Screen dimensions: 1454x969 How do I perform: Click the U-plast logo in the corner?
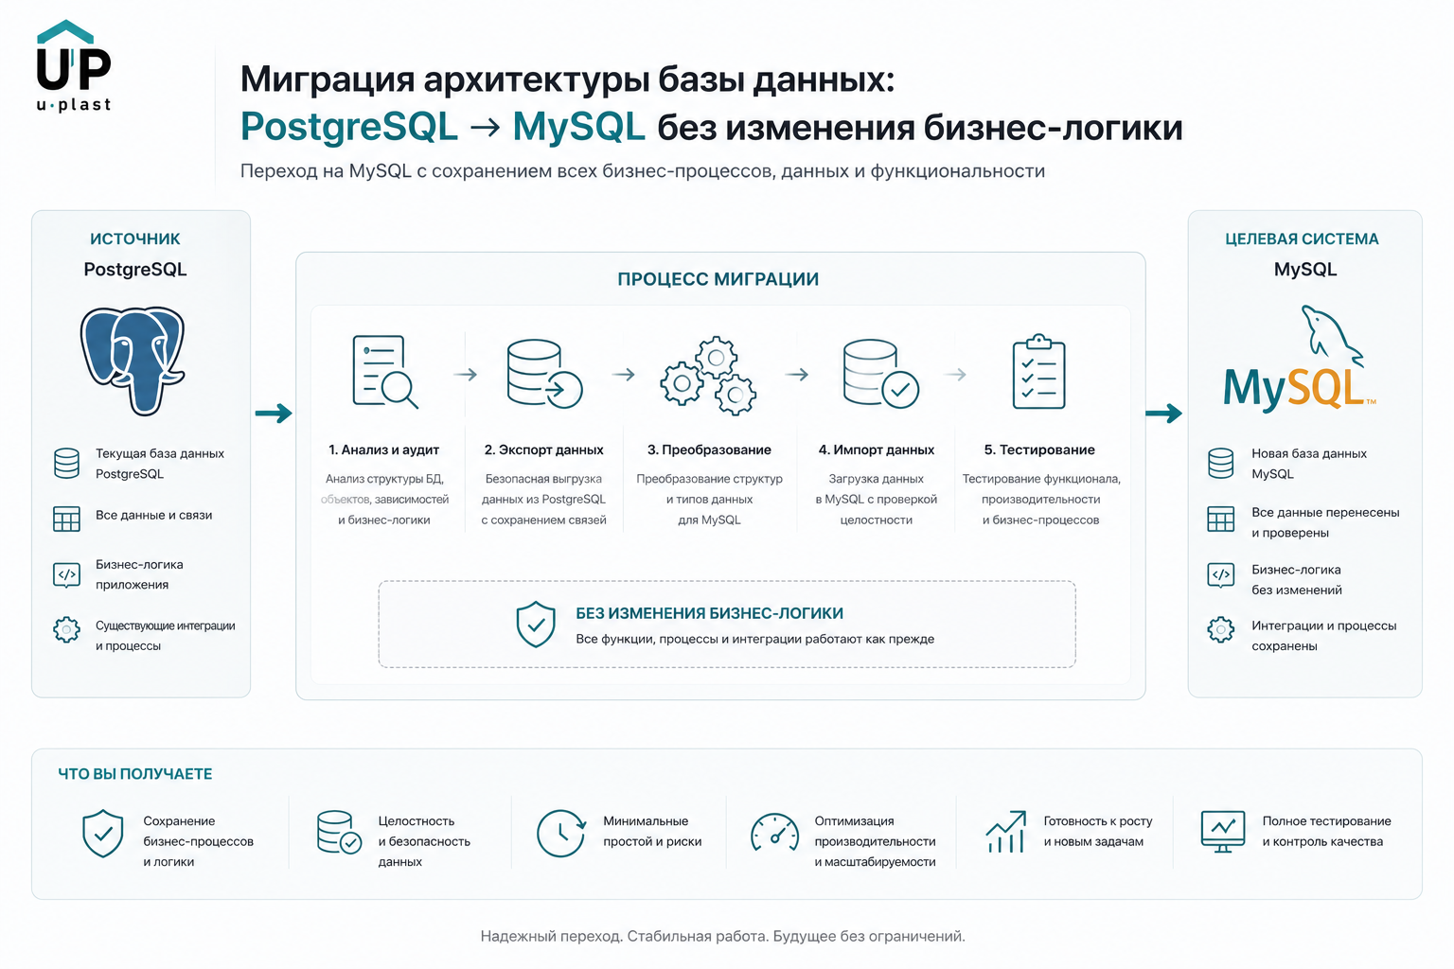73,65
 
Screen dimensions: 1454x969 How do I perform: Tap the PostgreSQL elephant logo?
133,361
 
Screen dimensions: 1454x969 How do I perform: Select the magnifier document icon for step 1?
384,372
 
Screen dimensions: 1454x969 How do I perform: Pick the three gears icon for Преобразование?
709,375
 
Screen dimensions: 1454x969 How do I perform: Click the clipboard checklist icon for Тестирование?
1038,371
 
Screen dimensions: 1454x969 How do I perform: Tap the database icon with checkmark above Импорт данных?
881,374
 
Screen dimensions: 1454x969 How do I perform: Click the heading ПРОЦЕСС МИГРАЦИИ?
718,279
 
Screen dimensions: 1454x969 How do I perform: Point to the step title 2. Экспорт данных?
544,449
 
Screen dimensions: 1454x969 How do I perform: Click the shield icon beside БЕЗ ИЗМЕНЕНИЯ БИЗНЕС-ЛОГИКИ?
536,625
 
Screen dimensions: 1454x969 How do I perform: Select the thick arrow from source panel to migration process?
274,413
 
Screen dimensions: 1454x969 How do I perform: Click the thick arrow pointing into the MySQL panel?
1163,413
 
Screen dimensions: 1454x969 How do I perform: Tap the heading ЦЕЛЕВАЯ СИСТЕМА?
1302,238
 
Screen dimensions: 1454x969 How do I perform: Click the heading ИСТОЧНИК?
135,238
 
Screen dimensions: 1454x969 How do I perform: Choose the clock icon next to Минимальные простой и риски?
561,833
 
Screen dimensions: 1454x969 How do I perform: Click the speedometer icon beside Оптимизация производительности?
774,832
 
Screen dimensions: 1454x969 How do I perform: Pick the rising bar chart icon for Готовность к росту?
1006,832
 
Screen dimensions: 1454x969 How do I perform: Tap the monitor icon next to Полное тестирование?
1223,832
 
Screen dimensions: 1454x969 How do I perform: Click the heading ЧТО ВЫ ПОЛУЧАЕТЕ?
135,774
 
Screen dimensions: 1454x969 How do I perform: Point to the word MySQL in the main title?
579,126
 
